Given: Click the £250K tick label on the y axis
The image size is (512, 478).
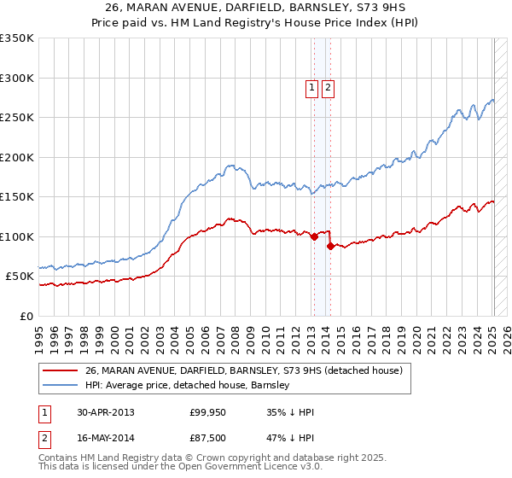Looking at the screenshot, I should click(17, 118).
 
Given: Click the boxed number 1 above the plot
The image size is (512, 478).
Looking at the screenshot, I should click(312, 86).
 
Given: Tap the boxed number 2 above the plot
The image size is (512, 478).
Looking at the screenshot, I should click(328, 86).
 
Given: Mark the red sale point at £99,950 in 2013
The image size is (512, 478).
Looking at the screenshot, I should click(315, 237).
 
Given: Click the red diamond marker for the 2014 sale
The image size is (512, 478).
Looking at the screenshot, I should click(330, 247).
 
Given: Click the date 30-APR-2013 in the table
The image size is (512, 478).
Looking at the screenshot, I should click(106, 412).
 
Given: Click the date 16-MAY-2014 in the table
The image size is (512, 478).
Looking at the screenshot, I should click(106, 440).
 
